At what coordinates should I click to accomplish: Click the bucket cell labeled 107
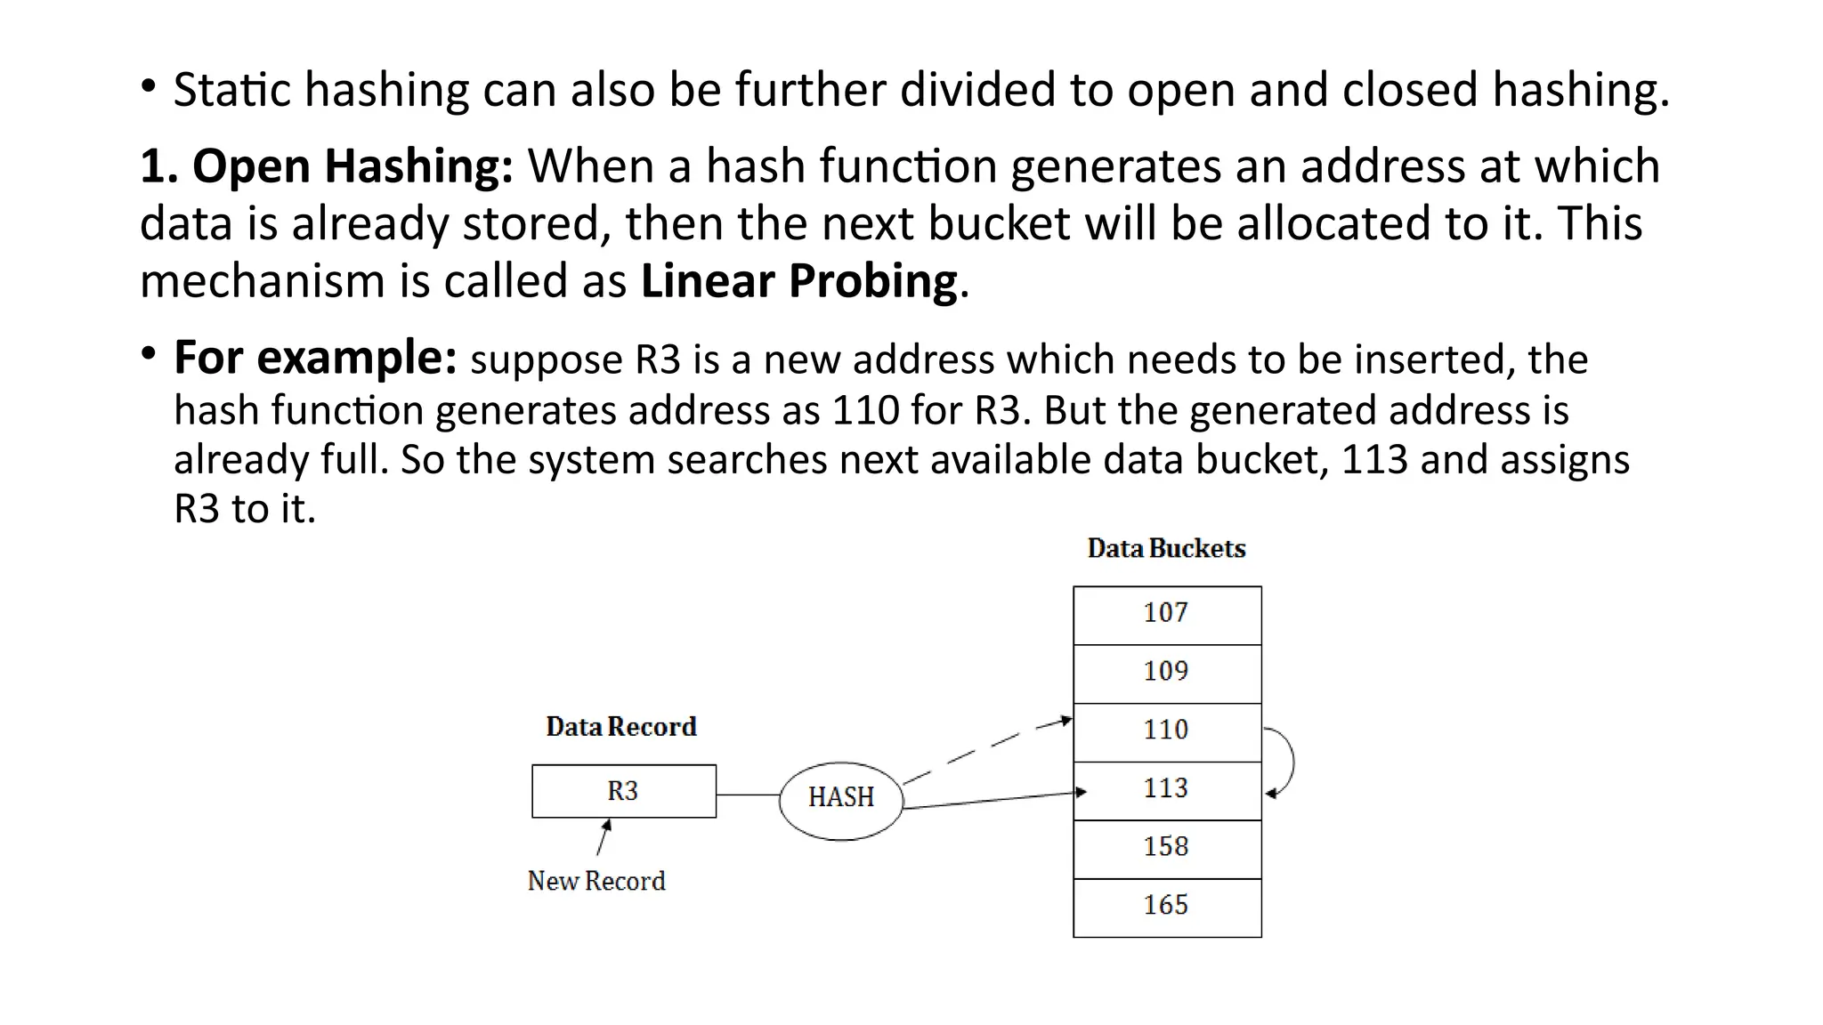(x=1166, y=615)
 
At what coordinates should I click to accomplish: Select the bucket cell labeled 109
(x=1166, y=674)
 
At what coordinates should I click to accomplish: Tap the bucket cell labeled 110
(x=1166, y=732)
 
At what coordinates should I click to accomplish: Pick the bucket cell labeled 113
(x=1166, y=790)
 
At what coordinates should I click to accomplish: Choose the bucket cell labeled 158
(x=1166, y=849)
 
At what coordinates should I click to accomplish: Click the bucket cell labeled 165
(x=1166, y=908)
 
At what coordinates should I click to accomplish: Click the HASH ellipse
(x=840, y=799)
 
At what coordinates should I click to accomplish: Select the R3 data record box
(x=623, y=791)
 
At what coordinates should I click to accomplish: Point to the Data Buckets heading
(x=1166, y=548)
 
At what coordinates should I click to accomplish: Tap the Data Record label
(x=620, y=727)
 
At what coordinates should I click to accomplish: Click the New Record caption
(x=596, y=881)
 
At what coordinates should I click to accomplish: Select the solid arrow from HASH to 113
(x=993, y=800)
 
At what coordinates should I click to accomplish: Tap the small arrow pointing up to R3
(x=604, y=837)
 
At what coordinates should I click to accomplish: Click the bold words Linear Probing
(x=798, y=281)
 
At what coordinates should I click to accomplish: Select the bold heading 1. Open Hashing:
(x=327, y=166)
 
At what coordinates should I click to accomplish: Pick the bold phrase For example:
(x=315, y=358)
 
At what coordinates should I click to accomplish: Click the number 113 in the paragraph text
(x=1374, y=460)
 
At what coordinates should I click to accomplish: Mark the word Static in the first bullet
(x=231, y=90)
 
